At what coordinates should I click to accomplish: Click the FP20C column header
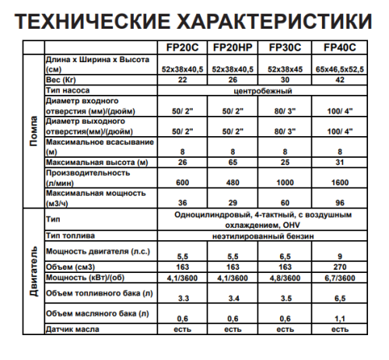pyautogui.click(x=179, y=47)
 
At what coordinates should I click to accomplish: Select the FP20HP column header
pyautogui.click(x=230, y=47)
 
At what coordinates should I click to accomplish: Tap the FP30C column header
pyautogui.click(x=285, y=47)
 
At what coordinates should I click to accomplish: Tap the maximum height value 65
pyautogui.click(x=230, y=162)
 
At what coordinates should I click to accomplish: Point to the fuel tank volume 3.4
pyautogui.click(x=230, y=297)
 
